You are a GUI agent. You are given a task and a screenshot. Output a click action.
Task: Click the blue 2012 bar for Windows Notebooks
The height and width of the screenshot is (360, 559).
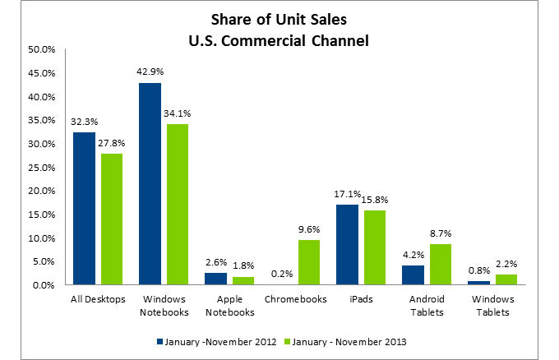(x=150, y=184)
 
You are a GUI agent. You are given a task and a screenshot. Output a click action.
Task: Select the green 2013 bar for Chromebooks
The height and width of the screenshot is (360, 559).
(x=309, y=262)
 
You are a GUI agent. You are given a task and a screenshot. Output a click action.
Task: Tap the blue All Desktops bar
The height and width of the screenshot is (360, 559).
(x=84, y=209)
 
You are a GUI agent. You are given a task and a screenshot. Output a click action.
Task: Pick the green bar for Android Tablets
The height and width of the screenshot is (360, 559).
(x=441, y=265)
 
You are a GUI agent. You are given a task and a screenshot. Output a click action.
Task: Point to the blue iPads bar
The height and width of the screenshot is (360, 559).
(x=347, y=244)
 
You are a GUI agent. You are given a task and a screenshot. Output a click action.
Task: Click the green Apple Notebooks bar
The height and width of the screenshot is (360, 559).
(x=243, y=281)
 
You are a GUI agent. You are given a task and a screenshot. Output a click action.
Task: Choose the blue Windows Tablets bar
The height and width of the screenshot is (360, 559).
(x=479, y=283)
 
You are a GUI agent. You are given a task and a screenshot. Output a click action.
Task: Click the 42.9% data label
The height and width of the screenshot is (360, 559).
(x=150, y=72)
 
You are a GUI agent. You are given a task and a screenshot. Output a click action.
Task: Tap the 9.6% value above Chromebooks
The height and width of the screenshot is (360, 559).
(x=309, y=229)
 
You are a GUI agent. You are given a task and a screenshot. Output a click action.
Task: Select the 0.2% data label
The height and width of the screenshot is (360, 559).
(x=282, y=274)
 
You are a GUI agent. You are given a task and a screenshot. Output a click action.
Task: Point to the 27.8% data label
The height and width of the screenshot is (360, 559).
(x=112, y=143)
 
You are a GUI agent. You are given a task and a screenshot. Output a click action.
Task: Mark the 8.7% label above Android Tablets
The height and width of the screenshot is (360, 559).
(x=441, y=233)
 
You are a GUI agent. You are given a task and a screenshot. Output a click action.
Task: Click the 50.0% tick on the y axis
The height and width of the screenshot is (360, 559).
(x=42, y=49)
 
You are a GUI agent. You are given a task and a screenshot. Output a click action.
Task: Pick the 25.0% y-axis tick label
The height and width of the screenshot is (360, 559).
(x=42, y=168)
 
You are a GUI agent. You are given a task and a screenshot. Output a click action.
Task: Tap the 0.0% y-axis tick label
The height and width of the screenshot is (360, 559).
(x=44, y=285)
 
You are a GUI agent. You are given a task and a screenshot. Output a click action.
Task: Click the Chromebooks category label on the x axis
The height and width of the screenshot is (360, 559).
(x=296, y=299)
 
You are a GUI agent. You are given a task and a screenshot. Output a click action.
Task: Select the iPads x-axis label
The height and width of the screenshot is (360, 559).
(x=361, y=299)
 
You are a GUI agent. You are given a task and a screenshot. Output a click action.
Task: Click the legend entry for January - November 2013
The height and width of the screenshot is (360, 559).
(x=345, y=342)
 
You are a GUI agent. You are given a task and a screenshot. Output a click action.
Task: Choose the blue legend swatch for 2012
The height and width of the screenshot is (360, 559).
(x=159, y=341)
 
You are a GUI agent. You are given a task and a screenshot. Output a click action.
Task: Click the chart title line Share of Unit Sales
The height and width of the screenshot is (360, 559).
(x=279, y=19)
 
